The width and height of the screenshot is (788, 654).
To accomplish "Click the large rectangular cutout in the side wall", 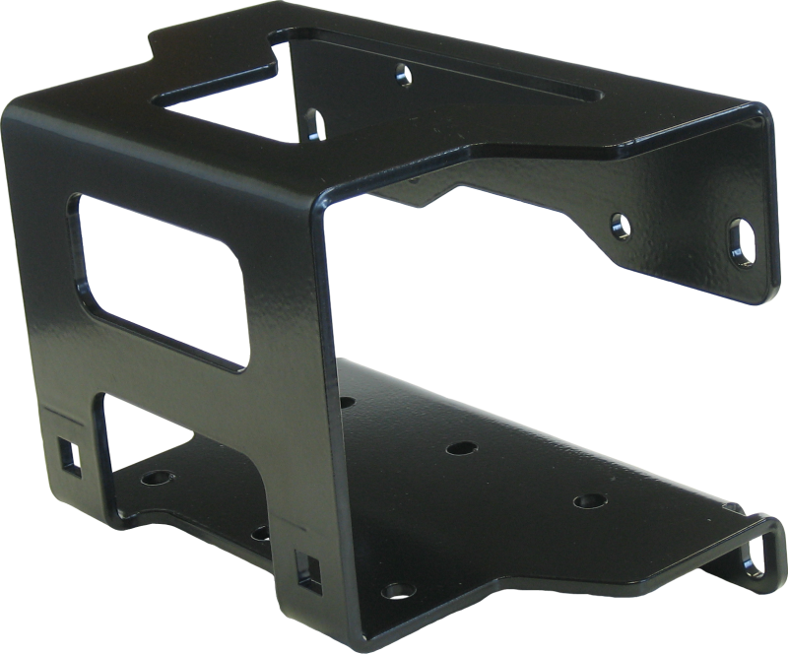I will pos(158,281).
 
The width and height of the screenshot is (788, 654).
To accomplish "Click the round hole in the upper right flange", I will pos(621,224).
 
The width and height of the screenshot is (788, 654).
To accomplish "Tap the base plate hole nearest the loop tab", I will pos(592,501).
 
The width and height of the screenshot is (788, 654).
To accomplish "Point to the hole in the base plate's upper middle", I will pos(455,449).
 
